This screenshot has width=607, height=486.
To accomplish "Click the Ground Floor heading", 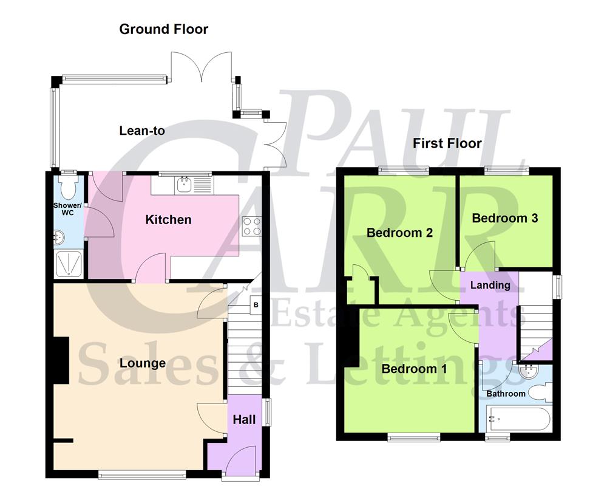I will coord(163,29).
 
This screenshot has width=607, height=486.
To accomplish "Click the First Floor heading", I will coord(447,143).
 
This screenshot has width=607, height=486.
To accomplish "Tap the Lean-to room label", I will coord(142,131).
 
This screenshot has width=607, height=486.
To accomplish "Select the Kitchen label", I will coord(168,219).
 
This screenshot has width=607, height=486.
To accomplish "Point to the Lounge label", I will coord(143,363).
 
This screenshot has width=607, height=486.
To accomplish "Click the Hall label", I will coord(245,419).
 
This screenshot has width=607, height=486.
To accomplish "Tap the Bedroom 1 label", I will coord(409,369).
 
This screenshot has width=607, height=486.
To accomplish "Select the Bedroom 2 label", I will coord(399,233).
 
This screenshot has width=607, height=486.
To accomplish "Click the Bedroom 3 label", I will coord(505,218).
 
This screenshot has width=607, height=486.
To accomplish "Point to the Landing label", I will coord(490,285).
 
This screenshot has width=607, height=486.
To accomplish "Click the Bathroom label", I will coord(506,394).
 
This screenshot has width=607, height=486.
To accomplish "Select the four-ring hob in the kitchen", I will coord(251,227).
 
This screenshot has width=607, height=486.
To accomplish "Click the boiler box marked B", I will coord(256,304).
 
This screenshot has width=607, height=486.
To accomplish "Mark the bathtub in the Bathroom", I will coord(519,420).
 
